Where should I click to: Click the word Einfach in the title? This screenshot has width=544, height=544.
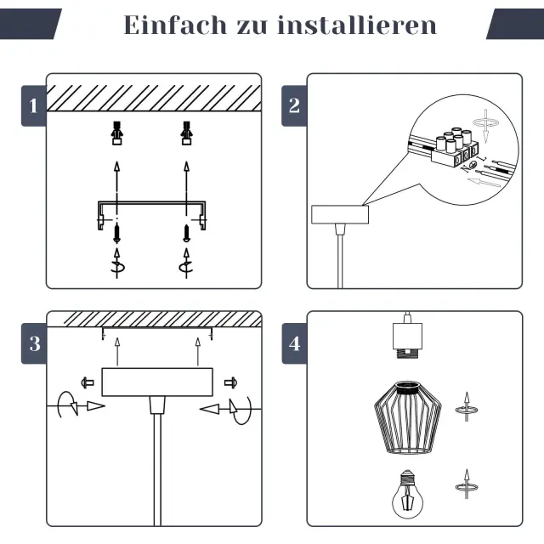[x=167, y=25]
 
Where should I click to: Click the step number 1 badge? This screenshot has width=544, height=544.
[x=33, y=106]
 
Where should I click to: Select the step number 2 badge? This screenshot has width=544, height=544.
[x=294, y=106]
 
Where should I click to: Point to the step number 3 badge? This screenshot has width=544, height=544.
[x=33, y=344]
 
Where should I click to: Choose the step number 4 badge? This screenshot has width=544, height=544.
[x=294, y=344]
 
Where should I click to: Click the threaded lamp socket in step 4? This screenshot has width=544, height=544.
[x=408, y=337]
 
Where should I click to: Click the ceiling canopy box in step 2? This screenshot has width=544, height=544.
[x=339, y=214]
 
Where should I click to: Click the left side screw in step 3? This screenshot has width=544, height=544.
[x=87, y=381]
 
